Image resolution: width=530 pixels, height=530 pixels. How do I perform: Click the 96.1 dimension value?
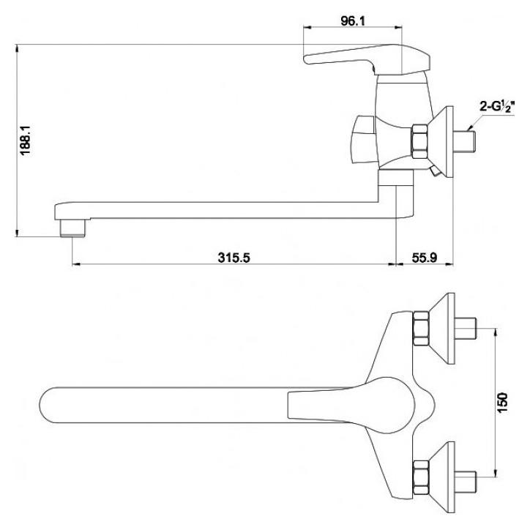coord(353,21)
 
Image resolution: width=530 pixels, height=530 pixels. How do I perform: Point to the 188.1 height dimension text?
coord(26,140)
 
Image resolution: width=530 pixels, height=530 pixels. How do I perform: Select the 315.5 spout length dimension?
coord(234,258)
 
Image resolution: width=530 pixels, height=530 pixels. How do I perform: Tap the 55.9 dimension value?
coord(424,258)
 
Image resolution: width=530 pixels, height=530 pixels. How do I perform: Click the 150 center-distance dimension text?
coord(504,402)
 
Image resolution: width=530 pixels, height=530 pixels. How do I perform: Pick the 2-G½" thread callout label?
coord(496,107)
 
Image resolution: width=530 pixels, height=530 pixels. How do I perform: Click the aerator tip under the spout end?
coord(72,228)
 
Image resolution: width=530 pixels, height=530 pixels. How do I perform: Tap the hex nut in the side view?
coord(419,141)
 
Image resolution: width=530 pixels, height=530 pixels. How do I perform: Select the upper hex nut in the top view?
coord(421,329)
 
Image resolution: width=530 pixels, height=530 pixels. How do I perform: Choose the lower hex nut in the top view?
coord(421,477)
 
